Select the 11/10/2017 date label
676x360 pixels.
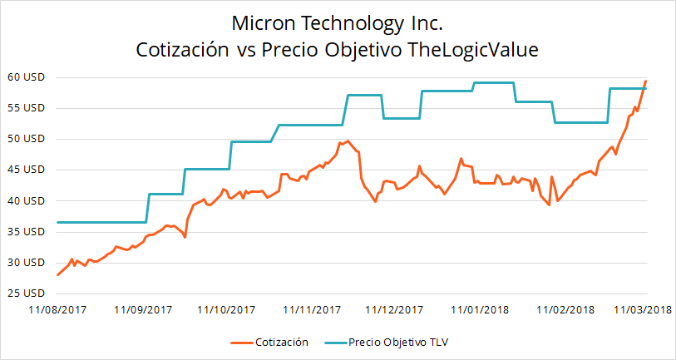(x=225, y=310)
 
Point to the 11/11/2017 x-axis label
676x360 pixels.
(x=312, y=310)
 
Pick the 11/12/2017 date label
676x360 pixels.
(x=396, y=310)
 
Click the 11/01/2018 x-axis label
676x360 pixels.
(x=480, y=310)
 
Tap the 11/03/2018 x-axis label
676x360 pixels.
(x=643, y=310)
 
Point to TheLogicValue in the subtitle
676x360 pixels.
(x=475, y=50)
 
